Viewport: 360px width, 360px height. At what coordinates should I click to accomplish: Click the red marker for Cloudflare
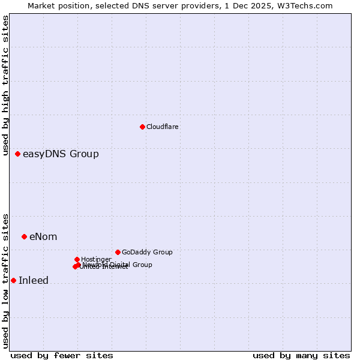tap(142, 127)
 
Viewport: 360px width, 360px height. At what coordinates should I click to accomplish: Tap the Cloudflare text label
tap(163, 127)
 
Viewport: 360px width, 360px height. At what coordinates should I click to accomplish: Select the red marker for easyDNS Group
tap(17, 154)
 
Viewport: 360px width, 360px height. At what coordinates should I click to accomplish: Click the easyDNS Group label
tap(61, 154)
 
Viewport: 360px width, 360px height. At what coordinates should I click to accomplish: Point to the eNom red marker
tap(24, 236)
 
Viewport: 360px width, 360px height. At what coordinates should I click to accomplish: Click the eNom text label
tap(43, 236)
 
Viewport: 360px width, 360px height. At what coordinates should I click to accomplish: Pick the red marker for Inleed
tap(13, 280)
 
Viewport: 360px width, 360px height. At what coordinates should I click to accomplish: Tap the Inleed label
tap(34, 280)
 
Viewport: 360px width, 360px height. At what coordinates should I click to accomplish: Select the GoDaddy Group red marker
tap(118, 252)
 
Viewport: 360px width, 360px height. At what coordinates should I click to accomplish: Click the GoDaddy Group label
tap(147, 252)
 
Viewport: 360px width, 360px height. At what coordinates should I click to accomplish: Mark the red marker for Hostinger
tap(77, 259)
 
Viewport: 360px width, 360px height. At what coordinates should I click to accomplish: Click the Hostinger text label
tap(96, 259)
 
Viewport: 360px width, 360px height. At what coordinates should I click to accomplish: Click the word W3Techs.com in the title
tap(308, 5)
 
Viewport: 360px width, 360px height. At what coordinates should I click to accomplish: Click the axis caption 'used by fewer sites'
tap(62, 355)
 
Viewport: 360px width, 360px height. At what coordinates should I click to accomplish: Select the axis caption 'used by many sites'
tap(301, 355)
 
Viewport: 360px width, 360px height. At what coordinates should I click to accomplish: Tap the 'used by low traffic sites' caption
tap(6, 280)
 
